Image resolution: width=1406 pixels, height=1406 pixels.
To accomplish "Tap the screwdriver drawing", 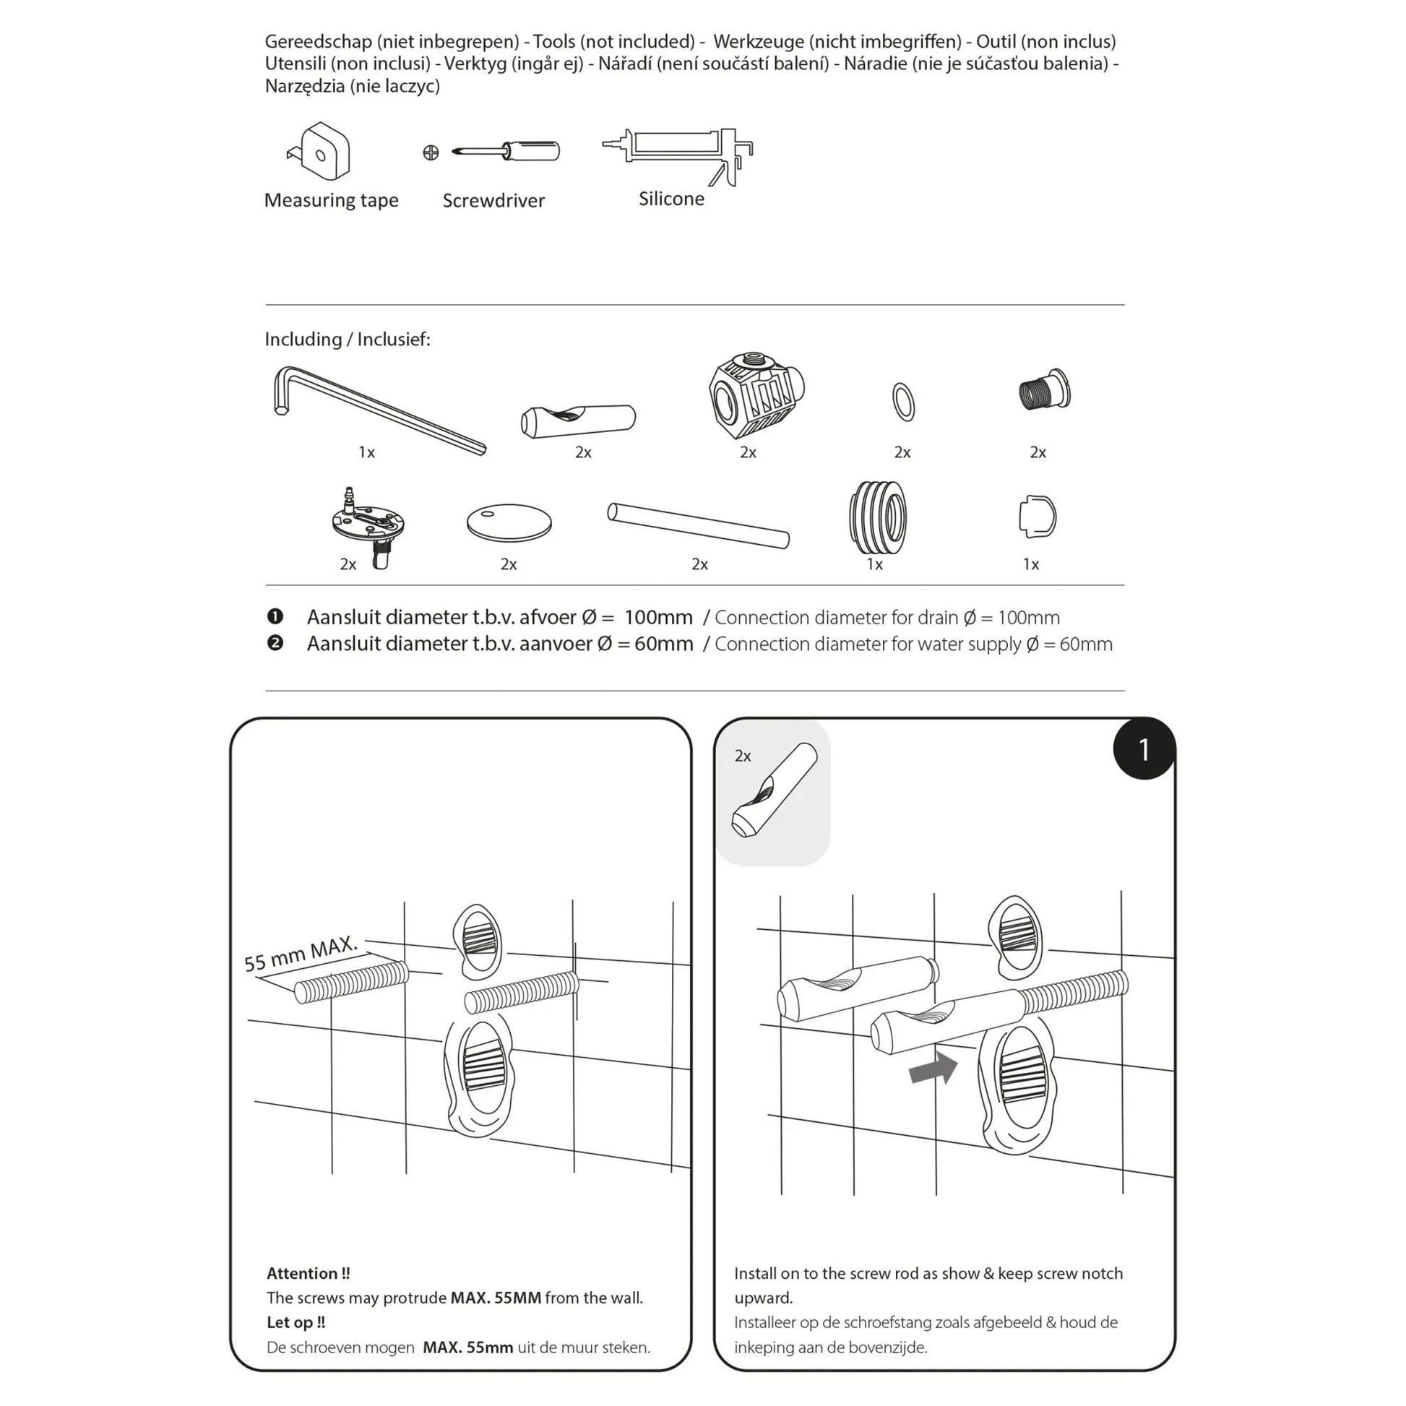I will click(x=507, y=152).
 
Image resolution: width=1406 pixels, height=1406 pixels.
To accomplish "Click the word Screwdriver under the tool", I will click(x=493, y=201).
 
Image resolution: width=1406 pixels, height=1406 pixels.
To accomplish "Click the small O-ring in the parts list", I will click(x=903, y=402).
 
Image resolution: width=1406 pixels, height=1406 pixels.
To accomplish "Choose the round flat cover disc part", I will click(x=509, y=522).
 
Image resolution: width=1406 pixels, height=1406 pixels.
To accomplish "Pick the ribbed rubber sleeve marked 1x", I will click(x=878, y=517).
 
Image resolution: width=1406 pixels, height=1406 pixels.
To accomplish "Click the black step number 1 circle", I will click(x=1143, y=749).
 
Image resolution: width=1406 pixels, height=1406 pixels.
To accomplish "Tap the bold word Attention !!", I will click(x=308, y=1274).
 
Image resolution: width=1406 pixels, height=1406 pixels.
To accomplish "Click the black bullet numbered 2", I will click(x=275, y=643).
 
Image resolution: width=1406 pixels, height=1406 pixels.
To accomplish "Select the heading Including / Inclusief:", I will click(x=347, y=340).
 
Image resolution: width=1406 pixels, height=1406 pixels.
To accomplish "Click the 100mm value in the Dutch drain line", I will click(x=658, y=617).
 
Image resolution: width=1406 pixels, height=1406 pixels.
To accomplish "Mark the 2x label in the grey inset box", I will click(x=742, y=756).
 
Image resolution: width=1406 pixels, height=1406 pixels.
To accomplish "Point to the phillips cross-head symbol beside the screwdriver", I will click(x=431, y=153).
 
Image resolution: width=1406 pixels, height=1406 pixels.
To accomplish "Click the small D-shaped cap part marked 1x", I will click(x=1037, y=517).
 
